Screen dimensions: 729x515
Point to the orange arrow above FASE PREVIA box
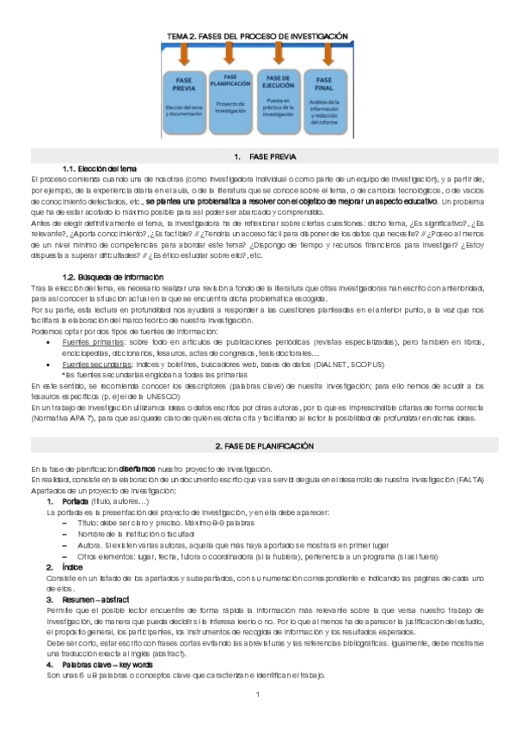[183, 55]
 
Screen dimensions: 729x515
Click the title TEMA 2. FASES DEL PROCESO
[257, 35]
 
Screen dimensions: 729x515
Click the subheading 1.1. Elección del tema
[96, 168]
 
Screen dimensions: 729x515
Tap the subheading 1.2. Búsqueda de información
[108, 278]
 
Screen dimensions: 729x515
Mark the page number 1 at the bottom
[257, 693]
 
